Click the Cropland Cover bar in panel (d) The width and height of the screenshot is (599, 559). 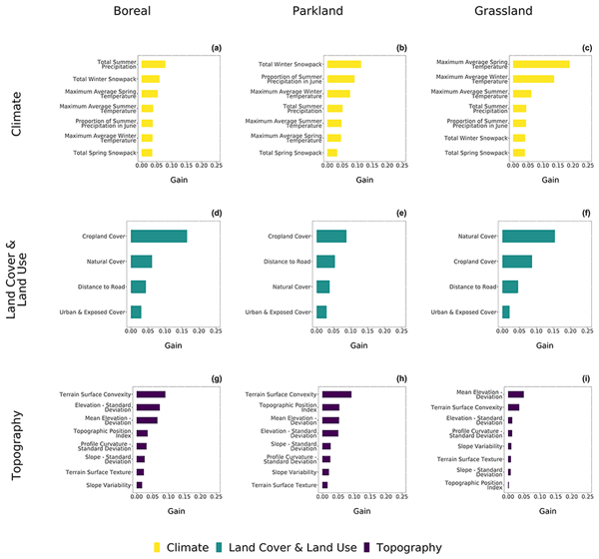(160, 237)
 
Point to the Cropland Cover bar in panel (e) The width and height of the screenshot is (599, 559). (331, 237)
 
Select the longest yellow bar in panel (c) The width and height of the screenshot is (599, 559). (540, 64)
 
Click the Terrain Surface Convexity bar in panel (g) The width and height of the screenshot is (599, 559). (151, 394)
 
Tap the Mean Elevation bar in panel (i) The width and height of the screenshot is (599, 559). (515, 394)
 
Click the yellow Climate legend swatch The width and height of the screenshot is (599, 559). (160, 547)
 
